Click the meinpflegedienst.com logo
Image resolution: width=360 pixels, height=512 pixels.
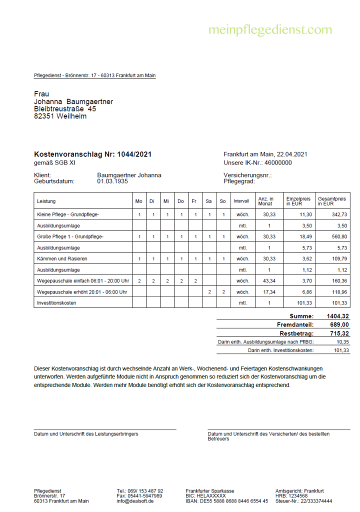[270, 30]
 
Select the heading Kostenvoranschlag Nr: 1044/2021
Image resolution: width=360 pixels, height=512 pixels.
[92, 154]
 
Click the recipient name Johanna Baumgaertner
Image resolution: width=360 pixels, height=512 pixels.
[73, 101]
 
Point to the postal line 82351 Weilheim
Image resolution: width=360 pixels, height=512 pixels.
[60, 116]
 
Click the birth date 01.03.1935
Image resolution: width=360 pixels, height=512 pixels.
[112, 181]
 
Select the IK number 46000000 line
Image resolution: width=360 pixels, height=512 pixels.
[257, 162]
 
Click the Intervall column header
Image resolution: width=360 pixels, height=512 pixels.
[241, 201]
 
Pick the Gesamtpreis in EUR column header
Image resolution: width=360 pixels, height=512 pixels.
[332, 201]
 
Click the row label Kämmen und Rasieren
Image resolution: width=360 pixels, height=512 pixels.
[62, 258]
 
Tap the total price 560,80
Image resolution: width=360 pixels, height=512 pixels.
[338, 236]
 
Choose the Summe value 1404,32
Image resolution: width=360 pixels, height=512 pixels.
[338, 316]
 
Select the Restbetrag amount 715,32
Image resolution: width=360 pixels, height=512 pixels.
[339, 333]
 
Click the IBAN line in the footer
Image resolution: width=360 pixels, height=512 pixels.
[226, 500]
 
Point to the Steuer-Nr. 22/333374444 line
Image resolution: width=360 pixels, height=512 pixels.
[303, 500]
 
